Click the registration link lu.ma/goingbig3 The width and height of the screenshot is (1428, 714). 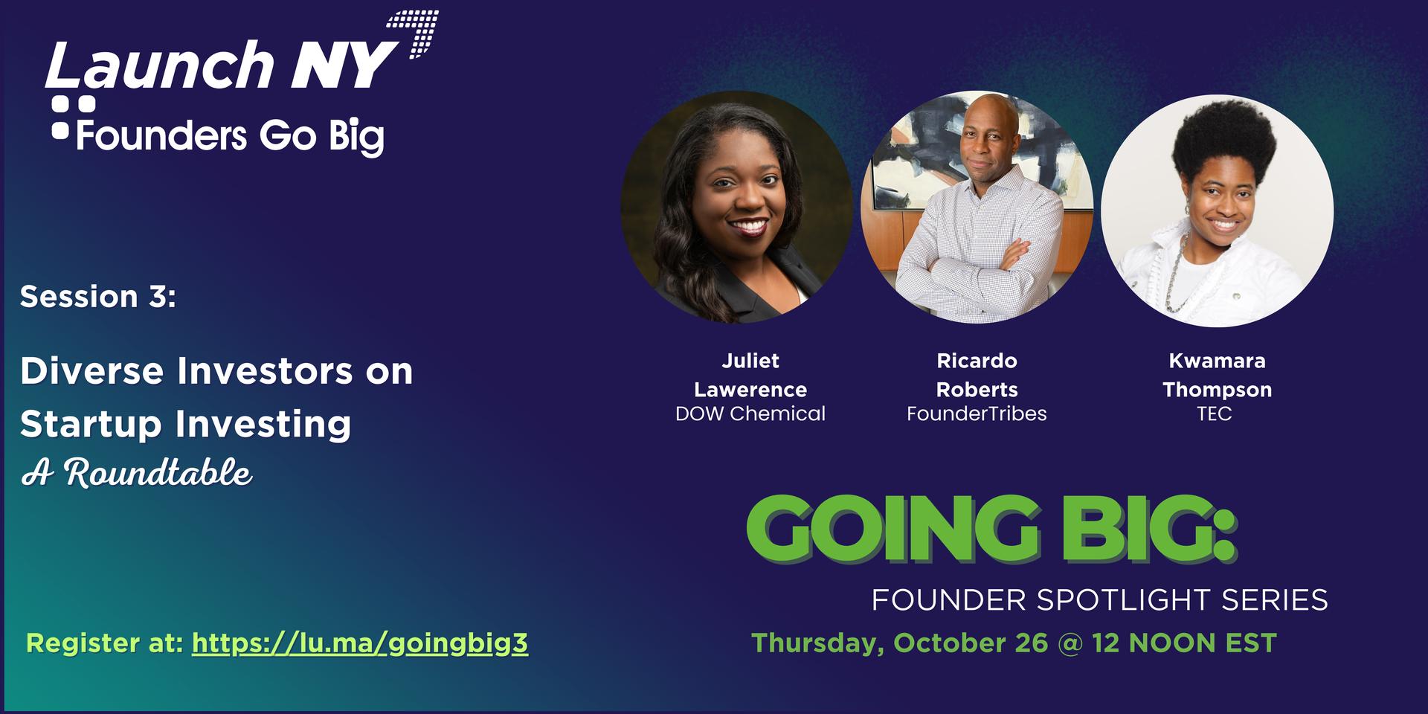[x=360, y=643]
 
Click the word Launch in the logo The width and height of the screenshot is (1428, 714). [x=160, y=65]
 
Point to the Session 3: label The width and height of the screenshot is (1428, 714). [x=98, y=297]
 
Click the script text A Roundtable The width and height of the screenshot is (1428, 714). [x=137, y=473]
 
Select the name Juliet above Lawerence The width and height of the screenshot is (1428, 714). [x=750, y=361]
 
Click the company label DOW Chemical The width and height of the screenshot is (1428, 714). [x=750, y=414]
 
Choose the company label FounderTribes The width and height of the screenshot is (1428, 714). [x=977, y=414]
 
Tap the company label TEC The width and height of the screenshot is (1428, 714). [x=1215, y=414]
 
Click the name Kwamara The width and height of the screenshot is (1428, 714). [x=1218, y=361]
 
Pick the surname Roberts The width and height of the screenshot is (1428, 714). [x=977, y=390]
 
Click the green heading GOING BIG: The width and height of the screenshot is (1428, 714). [x=991, y=529]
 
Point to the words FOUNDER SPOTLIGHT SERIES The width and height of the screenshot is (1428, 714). [x=1100, y=600]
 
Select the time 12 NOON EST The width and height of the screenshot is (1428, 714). [x=1184, y=643]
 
